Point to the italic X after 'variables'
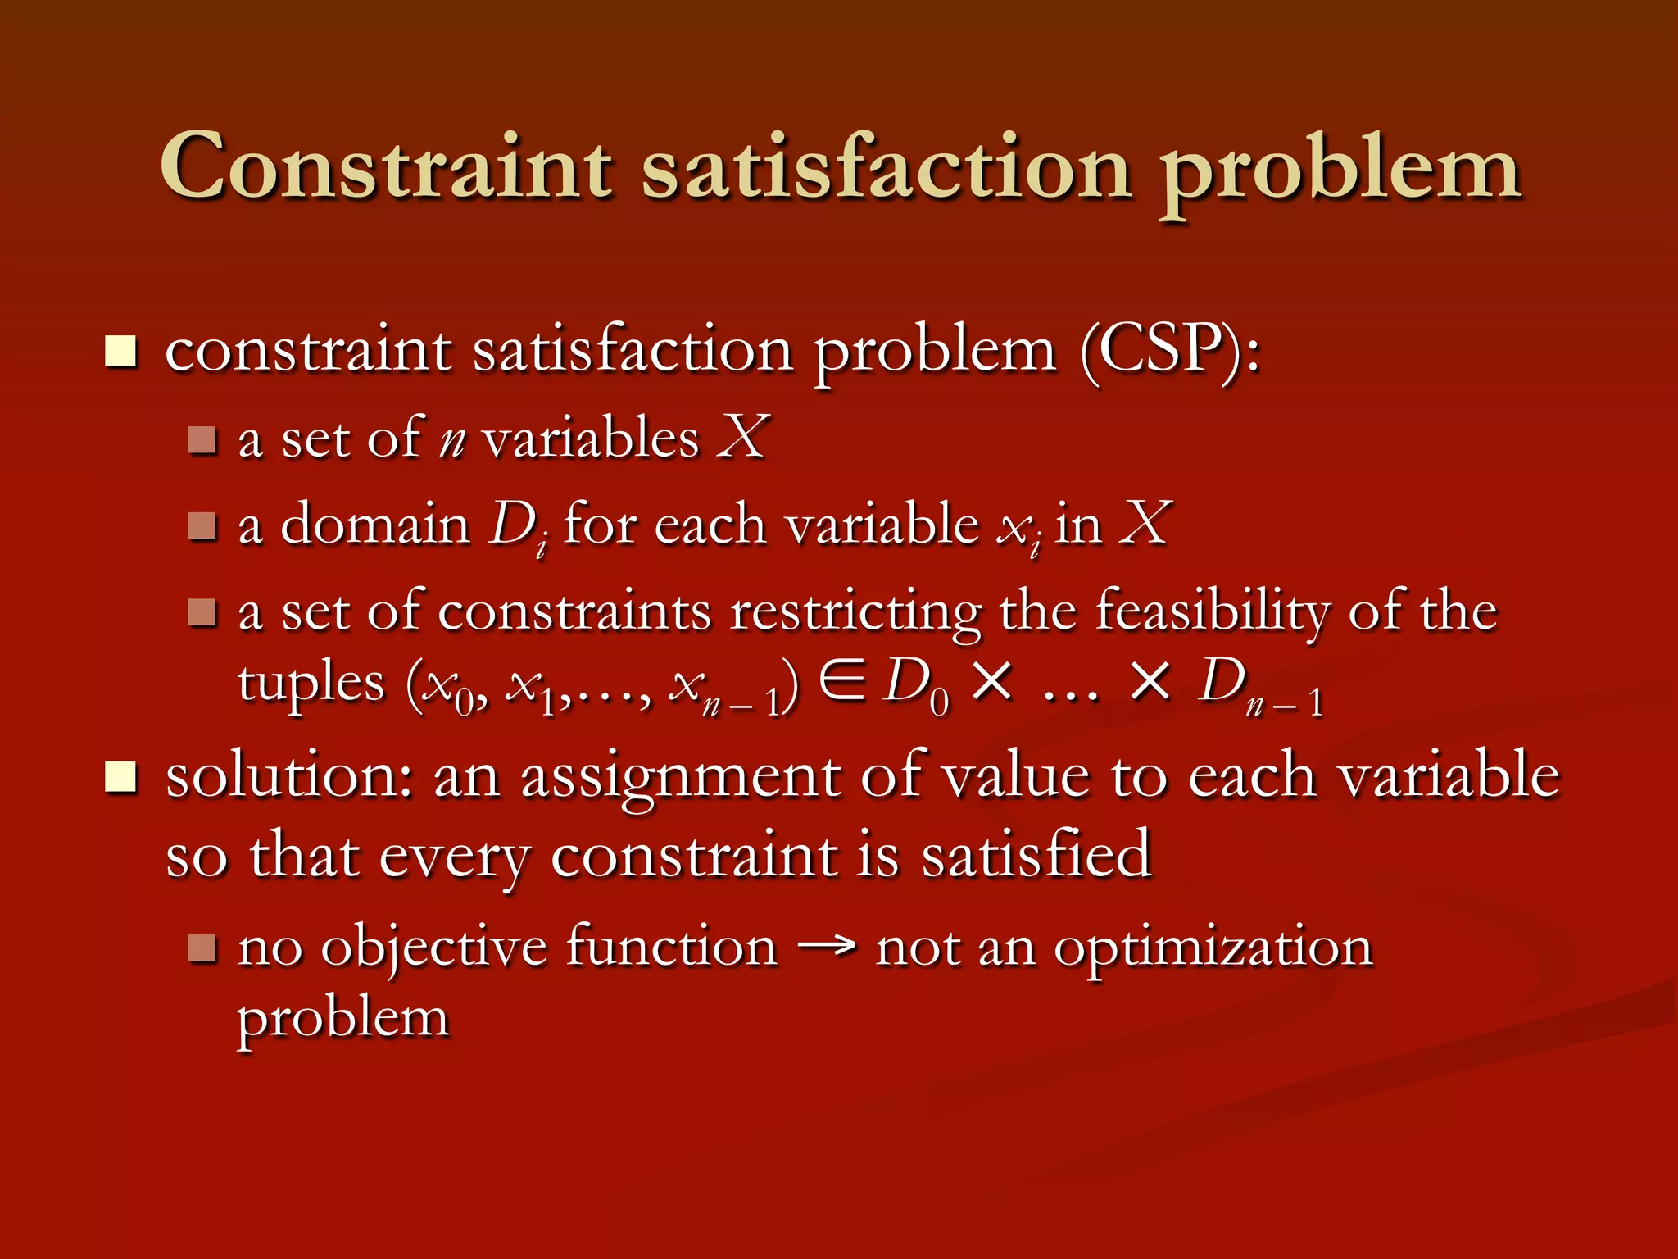(742, 437)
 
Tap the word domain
(374, 525)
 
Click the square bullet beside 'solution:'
(121, 777)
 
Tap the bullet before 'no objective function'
(202, 948)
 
